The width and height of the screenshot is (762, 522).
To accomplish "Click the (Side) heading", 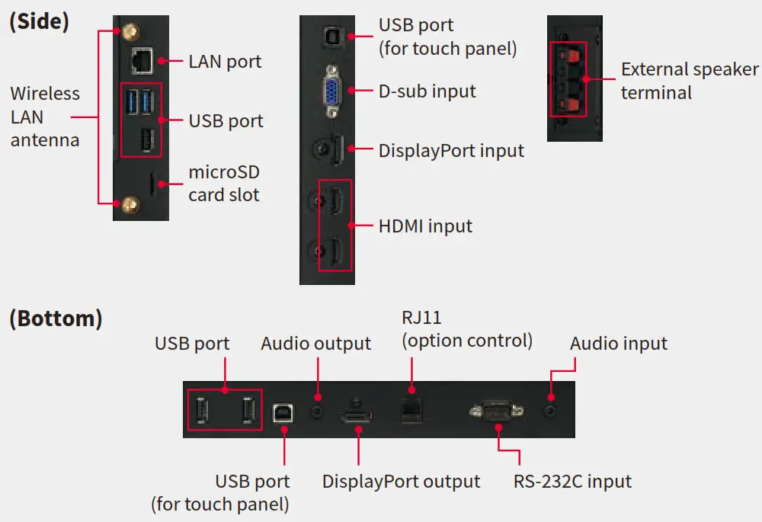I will click(x=39, y=21).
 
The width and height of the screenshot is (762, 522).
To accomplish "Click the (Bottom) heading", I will click(x=56, y=318).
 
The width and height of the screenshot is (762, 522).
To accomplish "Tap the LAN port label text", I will click(x=225, y=61).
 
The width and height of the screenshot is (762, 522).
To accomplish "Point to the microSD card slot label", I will click(x=224, y=183).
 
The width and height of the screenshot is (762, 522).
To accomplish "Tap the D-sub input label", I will click(x=427, y=91).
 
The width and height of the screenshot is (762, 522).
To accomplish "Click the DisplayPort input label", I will click(x=451, y=150).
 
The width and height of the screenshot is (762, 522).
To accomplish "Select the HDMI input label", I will click(x=425, y=226).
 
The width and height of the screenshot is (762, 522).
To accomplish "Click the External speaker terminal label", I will click(x=689, y=82).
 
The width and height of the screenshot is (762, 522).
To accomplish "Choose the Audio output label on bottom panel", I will click(x=315, y=344).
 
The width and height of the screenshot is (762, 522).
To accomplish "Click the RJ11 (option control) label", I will click(x=466, y=329).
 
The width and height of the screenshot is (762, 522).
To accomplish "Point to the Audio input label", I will click(x=618, y=344).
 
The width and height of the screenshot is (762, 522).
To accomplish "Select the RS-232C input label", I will click(x=571, y=482).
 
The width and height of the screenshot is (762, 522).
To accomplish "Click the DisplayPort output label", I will click(x=401, y=482).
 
